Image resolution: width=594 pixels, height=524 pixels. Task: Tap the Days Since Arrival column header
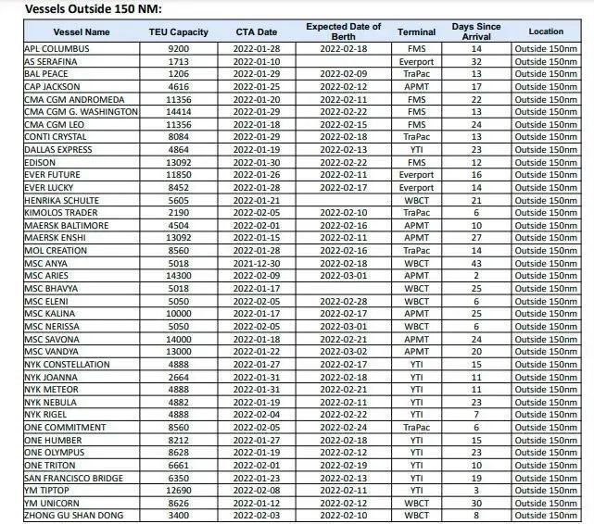(476, 31)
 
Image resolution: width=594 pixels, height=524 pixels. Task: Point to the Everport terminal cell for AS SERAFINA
(417, 60)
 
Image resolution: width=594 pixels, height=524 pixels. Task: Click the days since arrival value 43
(476, 263)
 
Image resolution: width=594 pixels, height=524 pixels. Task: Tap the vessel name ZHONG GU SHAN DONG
(73, 515)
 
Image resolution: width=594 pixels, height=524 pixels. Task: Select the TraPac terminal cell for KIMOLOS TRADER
(417, 212)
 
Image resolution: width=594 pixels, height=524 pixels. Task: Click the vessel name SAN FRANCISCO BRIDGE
(75, 477)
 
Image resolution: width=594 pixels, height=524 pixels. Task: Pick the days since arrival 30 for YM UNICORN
(476, 503)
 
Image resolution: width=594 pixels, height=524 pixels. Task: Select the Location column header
(546, 31)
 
